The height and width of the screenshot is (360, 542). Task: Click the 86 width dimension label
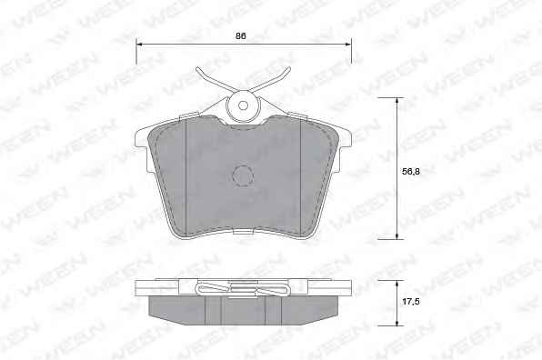pos(241,35)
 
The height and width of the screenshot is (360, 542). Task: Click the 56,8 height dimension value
pos(411,171)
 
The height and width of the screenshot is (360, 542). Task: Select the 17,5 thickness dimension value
pos(411,302)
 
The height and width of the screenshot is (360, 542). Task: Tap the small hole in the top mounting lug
pos(243,105)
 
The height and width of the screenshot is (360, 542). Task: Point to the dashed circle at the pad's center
pos(243,176)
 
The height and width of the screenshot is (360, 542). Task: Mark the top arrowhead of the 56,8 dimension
pos(396,101)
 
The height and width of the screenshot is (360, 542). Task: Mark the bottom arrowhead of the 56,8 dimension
pos(396,235)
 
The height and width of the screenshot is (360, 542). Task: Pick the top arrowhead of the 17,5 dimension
pos(396,284)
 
